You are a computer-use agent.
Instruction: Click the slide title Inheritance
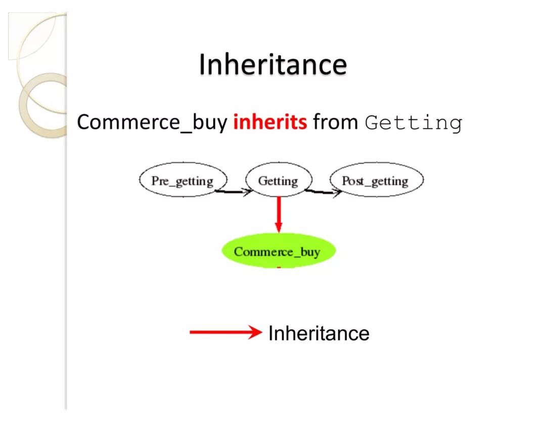273,65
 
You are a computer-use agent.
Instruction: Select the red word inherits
269,122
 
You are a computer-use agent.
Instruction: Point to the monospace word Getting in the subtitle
414,123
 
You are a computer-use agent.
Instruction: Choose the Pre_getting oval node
183,181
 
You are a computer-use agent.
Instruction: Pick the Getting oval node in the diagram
278,181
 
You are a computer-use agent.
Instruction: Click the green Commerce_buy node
278,251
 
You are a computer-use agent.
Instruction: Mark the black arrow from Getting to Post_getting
322,192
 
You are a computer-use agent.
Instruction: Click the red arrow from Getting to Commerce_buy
278,213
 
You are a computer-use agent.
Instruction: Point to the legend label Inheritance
318,333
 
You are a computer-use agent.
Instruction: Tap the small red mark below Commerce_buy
278,267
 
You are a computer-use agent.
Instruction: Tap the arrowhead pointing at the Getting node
248,192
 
